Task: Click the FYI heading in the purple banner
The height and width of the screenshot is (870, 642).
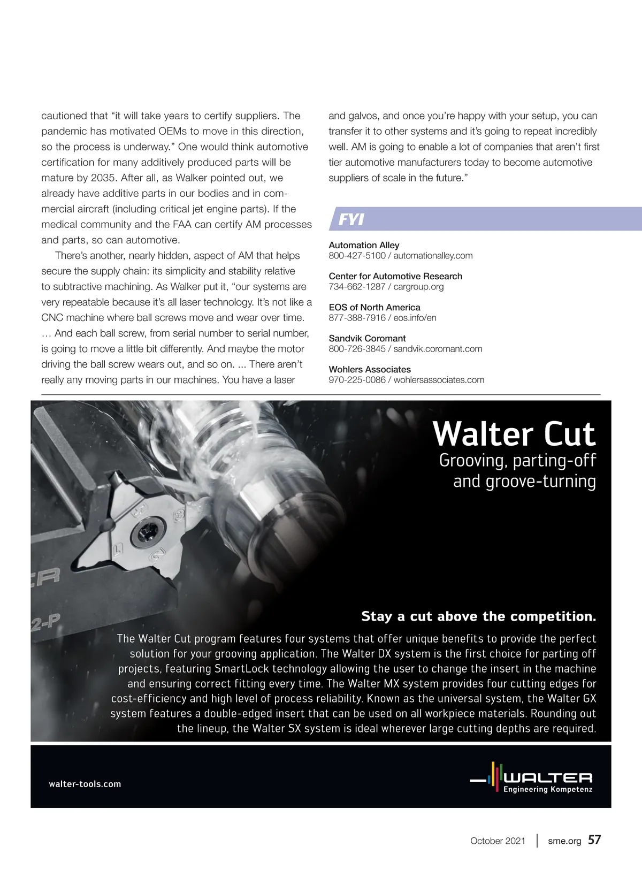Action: pos(351,219)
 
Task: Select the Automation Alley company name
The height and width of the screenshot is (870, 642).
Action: pos(364,245)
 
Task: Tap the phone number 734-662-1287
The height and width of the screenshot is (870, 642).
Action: pos(357,287)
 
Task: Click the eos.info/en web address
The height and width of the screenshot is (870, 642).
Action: pos(415,318)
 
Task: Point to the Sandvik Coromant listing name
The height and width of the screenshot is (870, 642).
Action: pos(367,338)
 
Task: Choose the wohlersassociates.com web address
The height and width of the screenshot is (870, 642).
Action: pos(439,380)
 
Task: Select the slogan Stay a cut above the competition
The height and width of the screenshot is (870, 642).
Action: pos(478,616)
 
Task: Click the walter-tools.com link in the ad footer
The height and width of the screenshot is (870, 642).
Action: pos(85,784)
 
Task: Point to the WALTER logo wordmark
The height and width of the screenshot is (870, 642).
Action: pos(548,777)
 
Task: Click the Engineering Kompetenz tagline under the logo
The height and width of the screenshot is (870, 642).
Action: pos(548,789)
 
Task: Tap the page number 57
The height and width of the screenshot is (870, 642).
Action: pos(594,840)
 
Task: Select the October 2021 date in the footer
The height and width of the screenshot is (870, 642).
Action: pos(498,841)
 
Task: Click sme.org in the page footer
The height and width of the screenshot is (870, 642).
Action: pos(564,841)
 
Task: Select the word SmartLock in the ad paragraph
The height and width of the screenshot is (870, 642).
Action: pos(242,669)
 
